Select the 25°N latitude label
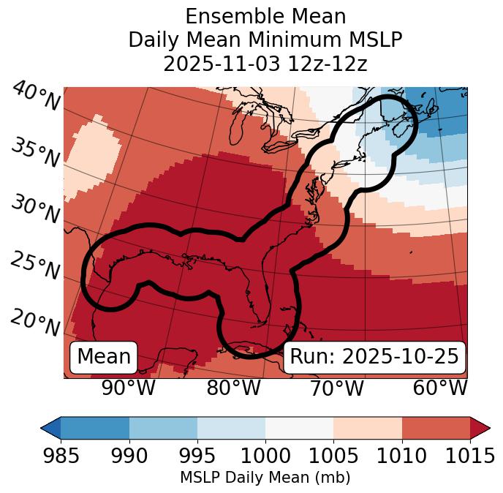[35, 266]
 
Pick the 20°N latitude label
[35, 323]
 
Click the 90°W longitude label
[128, 388]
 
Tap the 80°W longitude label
[234, 388]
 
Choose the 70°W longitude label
[337, 388]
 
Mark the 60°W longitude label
[440, 388]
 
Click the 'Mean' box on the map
[104, 357]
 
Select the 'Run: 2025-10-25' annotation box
[374, 357]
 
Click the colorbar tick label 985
[61, 456]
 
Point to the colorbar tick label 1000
[265, 456]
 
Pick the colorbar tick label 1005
[333, 456]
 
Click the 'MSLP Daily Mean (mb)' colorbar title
[265, 478]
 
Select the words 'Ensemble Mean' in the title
[265, 16]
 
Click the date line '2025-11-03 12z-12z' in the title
[265, 64]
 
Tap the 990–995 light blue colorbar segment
[163, 427]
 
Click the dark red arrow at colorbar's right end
[480, 427]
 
